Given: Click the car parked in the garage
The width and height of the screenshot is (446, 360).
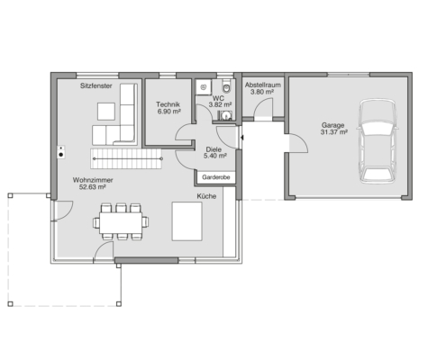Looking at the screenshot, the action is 378,141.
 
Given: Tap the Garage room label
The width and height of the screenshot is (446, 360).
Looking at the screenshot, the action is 332,125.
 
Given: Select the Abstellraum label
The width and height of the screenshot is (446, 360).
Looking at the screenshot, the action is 263,85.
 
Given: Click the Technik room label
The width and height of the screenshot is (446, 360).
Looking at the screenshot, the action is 168,104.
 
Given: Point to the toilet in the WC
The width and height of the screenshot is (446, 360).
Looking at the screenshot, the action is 226,85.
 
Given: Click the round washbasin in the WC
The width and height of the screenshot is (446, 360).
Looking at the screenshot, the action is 225,115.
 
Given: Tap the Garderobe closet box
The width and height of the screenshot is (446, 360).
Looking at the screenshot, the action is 216,177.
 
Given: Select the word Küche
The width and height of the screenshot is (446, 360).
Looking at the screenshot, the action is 206,196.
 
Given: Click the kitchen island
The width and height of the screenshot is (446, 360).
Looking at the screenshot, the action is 187,221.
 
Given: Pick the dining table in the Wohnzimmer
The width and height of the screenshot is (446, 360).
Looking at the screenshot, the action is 121,222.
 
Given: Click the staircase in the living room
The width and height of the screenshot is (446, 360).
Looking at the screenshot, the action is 126,158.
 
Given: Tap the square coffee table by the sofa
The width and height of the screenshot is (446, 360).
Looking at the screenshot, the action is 106,112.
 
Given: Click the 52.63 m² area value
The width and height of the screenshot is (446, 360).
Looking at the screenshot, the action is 92,187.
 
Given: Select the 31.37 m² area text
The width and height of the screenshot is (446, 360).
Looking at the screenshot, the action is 334,132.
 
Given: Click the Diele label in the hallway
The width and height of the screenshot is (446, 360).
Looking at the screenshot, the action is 214,149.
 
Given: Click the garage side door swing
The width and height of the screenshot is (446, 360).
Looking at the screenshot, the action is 298,143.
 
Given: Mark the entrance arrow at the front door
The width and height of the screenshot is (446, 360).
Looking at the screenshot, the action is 241,138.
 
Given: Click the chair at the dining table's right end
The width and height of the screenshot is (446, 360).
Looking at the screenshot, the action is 145,222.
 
